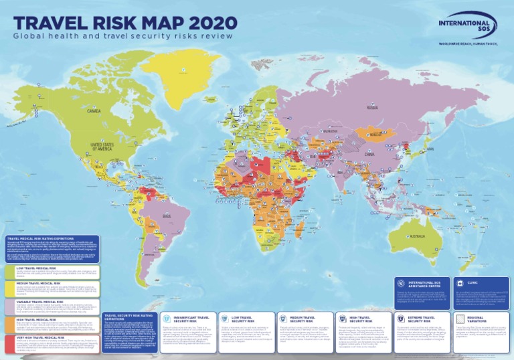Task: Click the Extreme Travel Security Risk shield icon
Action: click(402, 319)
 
